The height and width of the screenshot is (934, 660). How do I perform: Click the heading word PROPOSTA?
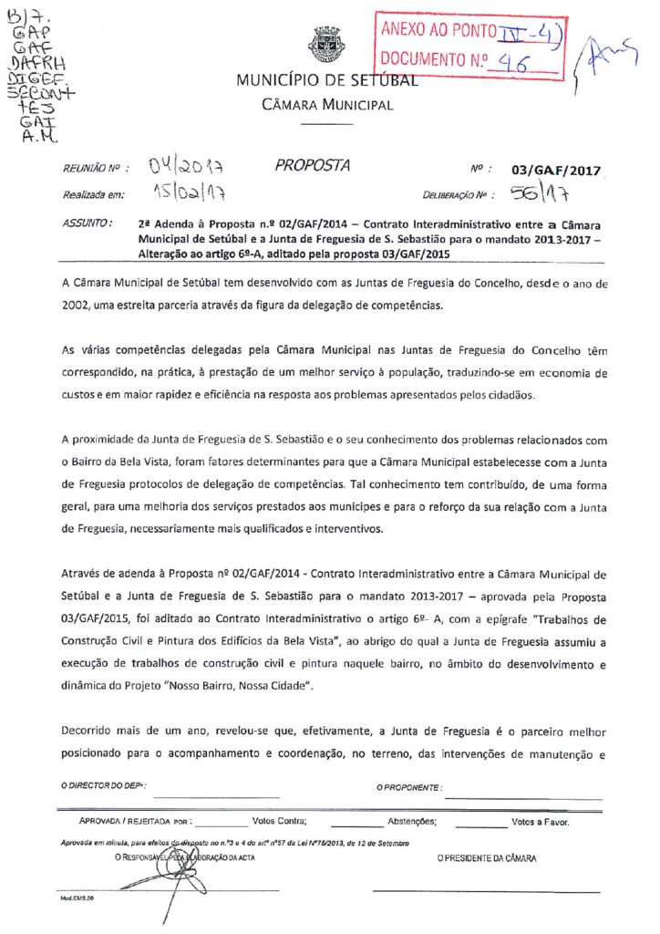click(313, 165)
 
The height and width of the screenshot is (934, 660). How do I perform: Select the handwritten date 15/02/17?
click(190, 193)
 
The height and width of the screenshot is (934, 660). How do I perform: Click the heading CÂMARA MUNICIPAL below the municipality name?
click(327, 105)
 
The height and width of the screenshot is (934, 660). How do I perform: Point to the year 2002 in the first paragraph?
click(76, 306)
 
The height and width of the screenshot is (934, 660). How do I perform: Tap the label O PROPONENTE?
click(409, 786)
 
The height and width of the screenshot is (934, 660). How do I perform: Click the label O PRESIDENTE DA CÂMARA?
click(486, 858)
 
